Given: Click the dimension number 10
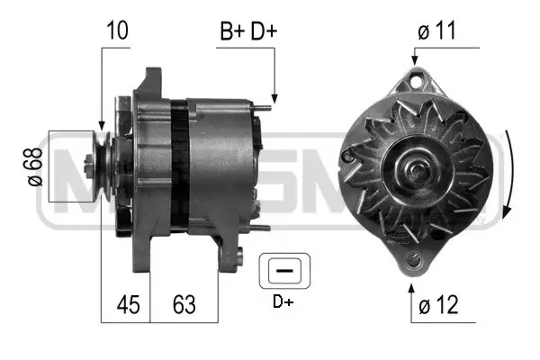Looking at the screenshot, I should pyautogui.click(x=117, y=30).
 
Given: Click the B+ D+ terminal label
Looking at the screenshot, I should pyautogui.click(x=248, y=30).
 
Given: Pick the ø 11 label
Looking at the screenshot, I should pyautogui.click(x=438, y=30).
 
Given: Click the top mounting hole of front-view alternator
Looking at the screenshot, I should pyautogui.click(x=414, y=83).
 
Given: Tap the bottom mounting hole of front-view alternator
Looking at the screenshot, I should pyautogui.click(x=413, y=261).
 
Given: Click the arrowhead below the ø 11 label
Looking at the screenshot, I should pyautogui.click(x=414, y=60).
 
